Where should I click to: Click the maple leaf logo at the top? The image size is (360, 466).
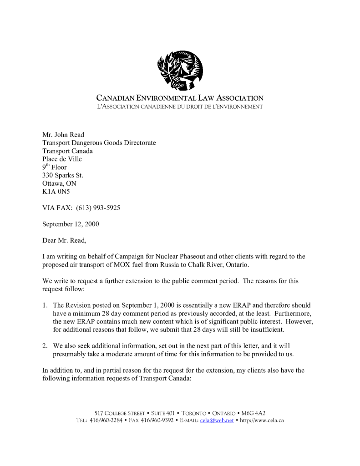[x=180, y=71]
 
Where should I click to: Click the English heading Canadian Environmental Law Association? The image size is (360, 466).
[x=180, y=98]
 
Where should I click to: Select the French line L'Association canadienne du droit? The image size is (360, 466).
[x=180, y=106]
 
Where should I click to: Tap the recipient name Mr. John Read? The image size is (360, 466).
[x=63, y=135]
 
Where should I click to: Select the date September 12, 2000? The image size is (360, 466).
[x=71, y=224]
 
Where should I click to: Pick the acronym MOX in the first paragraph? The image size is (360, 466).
[x=122, y=265]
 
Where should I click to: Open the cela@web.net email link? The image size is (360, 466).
[x=217, y=420]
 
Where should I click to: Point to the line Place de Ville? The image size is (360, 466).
[x=62, y=159]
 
